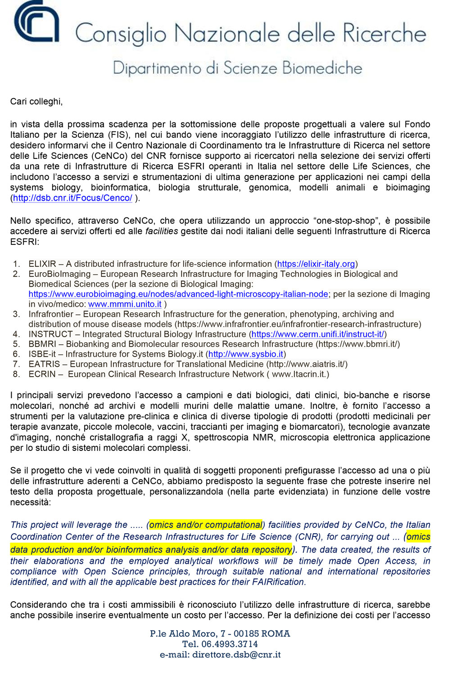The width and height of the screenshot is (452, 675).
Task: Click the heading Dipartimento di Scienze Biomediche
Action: tap(237, 68)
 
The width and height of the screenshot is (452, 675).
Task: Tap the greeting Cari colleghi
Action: tap(36, 102)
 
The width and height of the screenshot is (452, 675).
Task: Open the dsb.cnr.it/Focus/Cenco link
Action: tap(72, 198)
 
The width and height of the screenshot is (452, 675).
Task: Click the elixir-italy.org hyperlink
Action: tap(316, 264)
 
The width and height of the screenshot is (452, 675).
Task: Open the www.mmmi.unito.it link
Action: tap(125, 304)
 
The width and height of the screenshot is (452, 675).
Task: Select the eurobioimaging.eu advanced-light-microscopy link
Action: tap(178, 294)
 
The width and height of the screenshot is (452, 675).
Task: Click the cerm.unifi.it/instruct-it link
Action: tap(317, 334)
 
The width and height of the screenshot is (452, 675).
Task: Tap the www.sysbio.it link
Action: tap(246, 355)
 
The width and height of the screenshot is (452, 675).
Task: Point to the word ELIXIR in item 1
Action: tap(42, 264)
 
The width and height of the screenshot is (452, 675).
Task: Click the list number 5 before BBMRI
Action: tap(16, 344)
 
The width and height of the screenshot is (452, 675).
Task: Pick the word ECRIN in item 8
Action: tap(42, 374)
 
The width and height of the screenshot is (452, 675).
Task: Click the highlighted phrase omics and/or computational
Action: tap(206, 525)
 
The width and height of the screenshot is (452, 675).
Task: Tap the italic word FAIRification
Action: tap(279, 582)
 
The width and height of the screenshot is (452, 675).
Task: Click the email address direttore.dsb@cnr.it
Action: tap(236, 655)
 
